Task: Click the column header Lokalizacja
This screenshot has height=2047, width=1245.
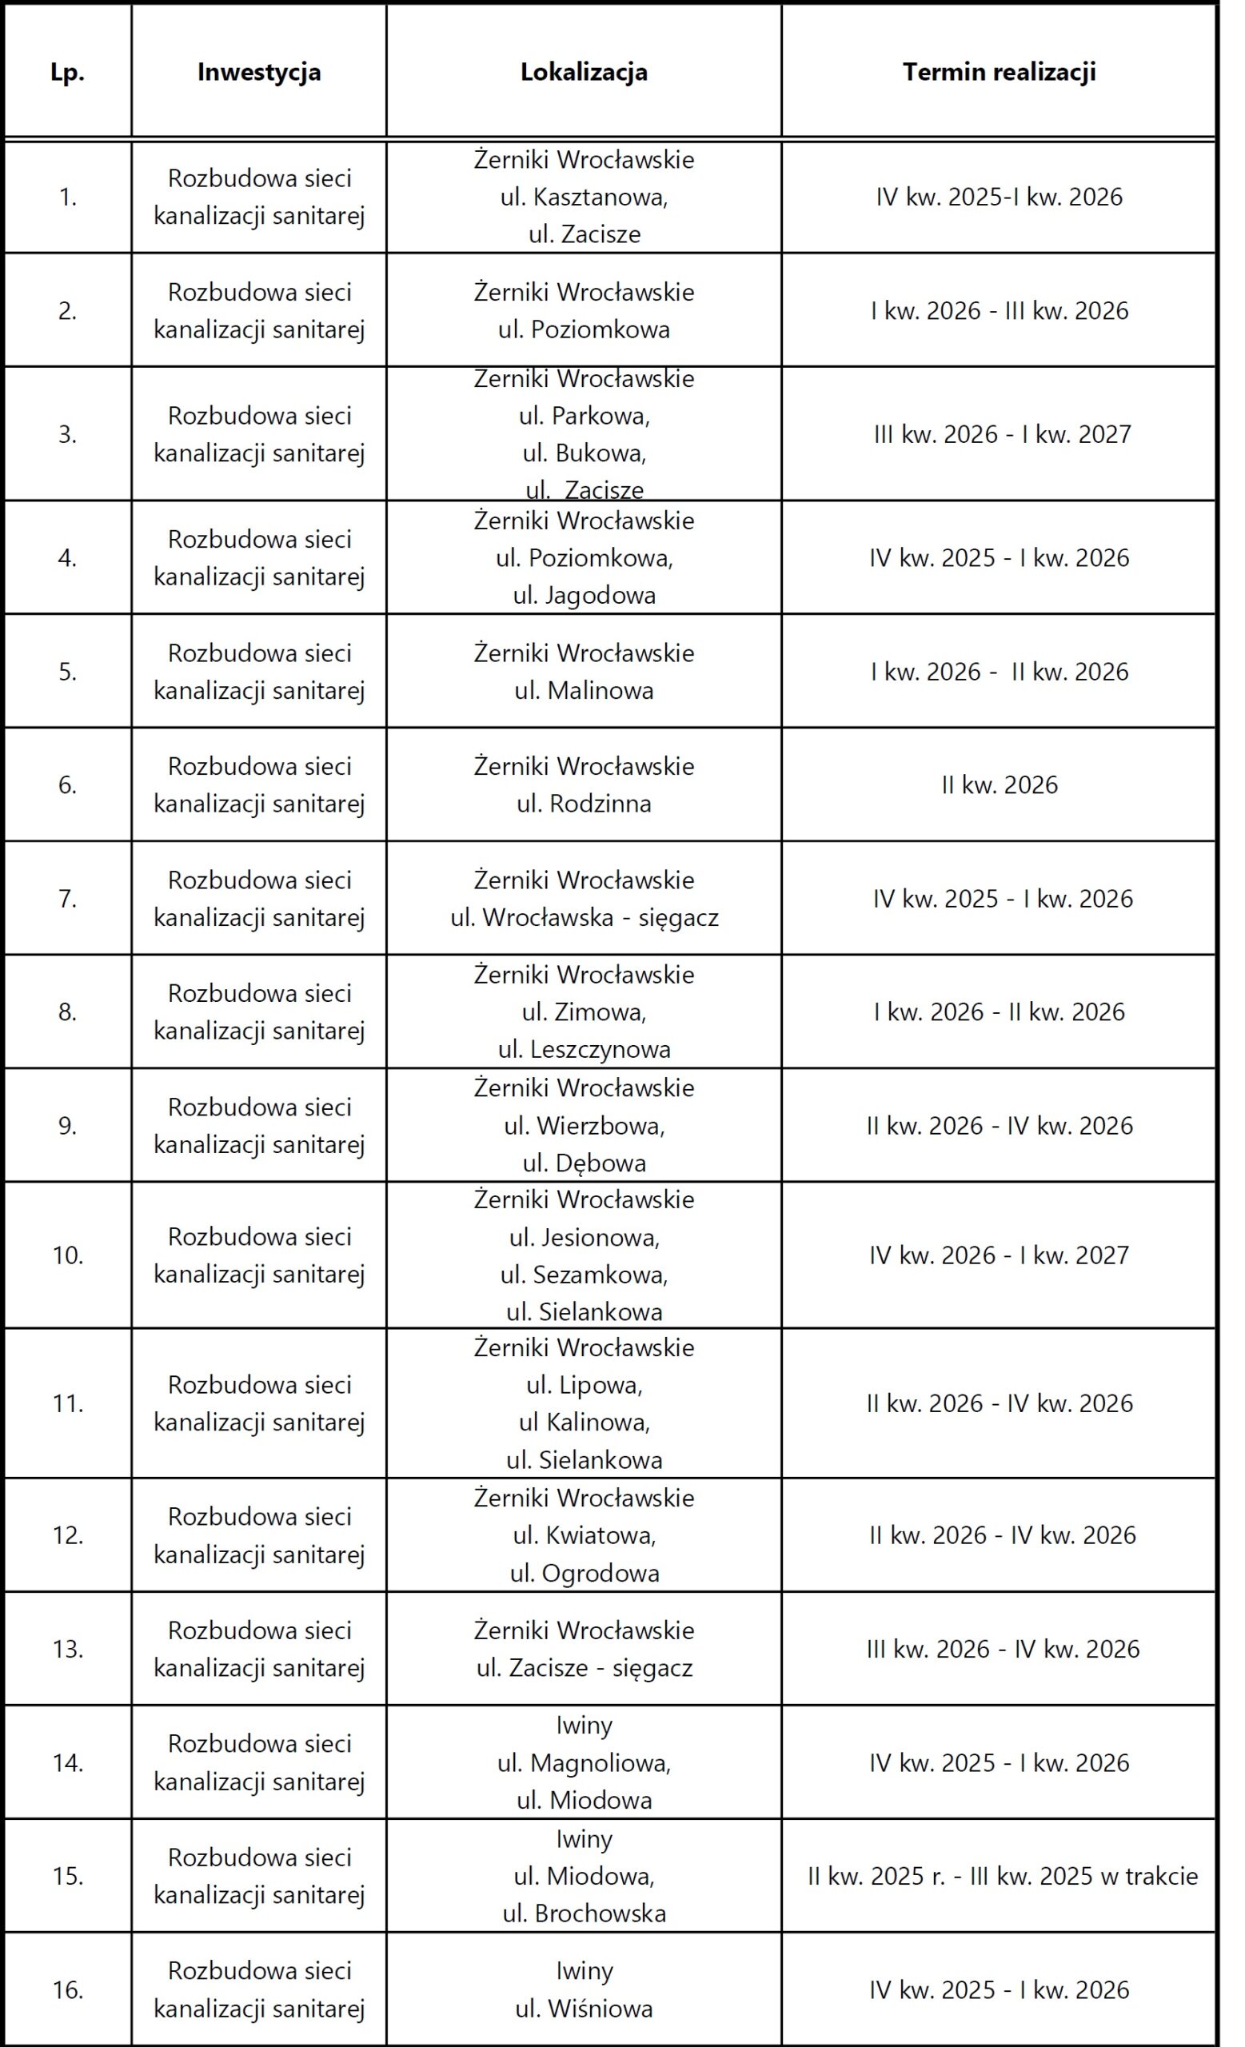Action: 584,72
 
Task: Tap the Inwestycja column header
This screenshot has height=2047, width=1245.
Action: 259,72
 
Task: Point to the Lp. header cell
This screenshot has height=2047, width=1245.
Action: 67,72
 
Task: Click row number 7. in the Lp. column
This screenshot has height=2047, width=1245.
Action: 67,898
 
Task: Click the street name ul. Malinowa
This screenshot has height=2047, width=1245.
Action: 584,690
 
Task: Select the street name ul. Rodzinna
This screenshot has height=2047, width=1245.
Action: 584,804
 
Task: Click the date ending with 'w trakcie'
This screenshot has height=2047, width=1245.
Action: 1003,1876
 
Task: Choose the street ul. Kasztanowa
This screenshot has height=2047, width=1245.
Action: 584,197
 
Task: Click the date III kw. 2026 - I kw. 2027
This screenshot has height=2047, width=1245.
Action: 1003,433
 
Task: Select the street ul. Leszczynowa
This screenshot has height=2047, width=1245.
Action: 584,1049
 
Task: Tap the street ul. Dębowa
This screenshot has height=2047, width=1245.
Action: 584,1163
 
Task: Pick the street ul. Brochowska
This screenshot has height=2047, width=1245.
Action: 584,1913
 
